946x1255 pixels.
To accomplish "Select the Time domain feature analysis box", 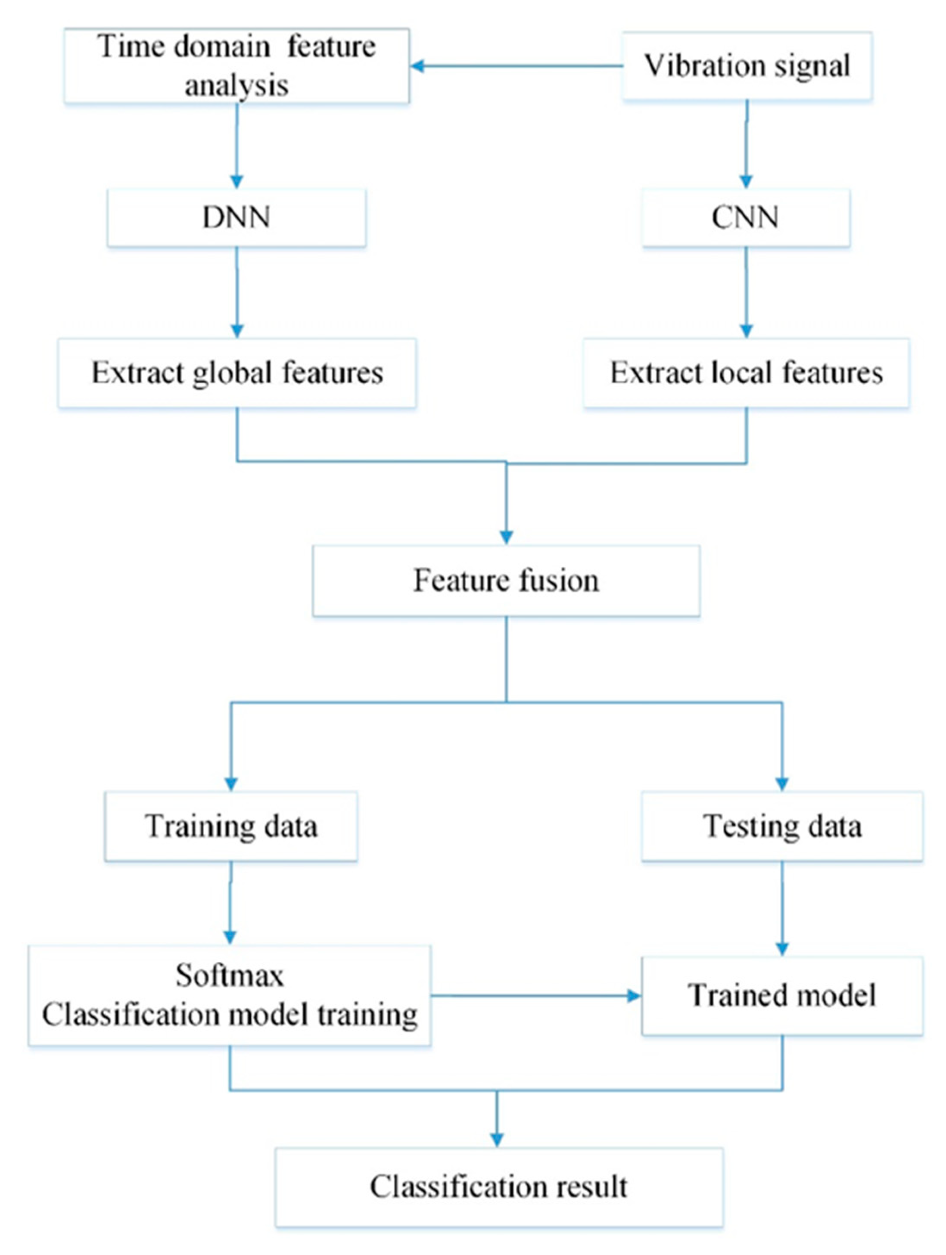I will (x=236, y=66).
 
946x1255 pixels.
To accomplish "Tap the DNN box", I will (x=236, y=217).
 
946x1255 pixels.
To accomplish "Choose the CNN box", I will (x=746, y=217).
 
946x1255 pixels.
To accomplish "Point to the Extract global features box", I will (x=236, y=373).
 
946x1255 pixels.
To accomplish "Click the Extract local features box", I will (x=746, y=373).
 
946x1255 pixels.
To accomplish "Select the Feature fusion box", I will (x=506, y=581).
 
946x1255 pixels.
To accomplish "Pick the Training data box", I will (x=231, y=826).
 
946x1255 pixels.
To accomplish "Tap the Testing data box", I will (x=782, y=826).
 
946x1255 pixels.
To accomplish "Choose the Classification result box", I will (x=499, y=1187).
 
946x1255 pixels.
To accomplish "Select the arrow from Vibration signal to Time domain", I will (x=517, y=66).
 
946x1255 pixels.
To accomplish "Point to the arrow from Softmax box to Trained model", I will (x=536, y=995).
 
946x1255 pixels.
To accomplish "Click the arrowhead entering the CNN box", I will (x=746, y=182).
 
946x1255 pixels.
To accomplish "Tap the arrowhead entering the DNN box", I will (x=236, y=182).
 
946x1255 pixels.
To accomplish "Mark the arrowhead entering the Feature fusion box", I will (x=506, y=537).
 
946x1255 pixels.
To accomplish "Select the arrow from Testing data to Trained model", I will (x=782, y=908).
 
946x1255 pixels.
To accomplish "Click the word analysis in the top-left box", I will (x=236, y=86).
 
